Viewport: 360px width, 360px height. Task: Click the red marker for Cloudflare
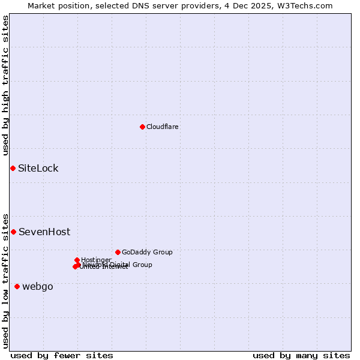pos(142,127)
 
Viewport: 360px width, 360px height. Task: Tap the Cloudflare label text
pos(163,127)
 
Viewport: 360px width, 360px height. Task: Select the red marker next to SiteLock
pos(13,168)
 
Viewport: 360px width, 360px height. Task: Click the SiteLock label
pos(38,168)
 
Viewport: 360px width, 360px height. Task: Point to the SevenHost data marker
pos(13,232)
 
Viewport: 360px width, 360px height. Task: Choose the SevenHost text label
pos(44,232)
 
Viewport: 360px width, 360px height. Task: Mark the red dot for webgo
pos(17,286)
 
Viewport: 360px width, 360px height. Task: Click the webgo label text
pos(38,286)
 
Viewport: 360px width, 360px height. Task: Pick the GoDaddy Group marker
pos(118,252)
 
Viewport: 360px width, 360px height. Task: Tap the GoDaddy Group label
pos(147,252)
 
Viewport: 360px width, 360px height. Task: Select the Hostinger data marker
pos(77,260)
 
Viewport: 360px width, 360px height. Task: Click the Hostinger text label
pos(96,260)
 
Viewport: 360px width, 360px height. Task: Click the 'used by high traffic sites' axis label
pos(6,86)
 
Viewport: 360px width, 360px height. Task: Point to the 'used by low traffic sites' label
pos(6,280)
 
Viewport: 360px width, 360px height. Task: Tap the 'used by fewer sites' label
pos(62,355)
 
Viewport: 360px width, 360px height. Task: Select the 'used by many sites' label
pos(301,355)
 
